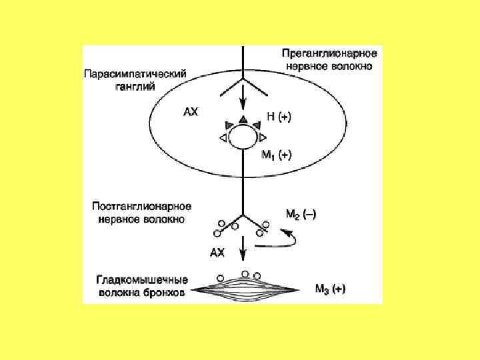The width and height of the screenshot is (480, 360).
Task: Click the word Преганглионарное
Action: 330,53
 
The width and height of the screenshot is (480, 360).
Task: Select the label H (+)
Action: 278,117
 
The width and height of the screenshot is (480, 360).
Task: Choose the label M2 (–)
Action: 301,214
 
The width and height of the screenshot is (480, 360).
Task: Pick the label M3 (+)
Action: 330,289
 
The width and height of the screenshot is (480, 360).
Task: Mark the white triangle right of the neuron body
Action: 263,137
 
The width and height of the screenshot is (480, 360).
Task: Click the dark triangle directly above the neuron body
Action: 243,119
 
